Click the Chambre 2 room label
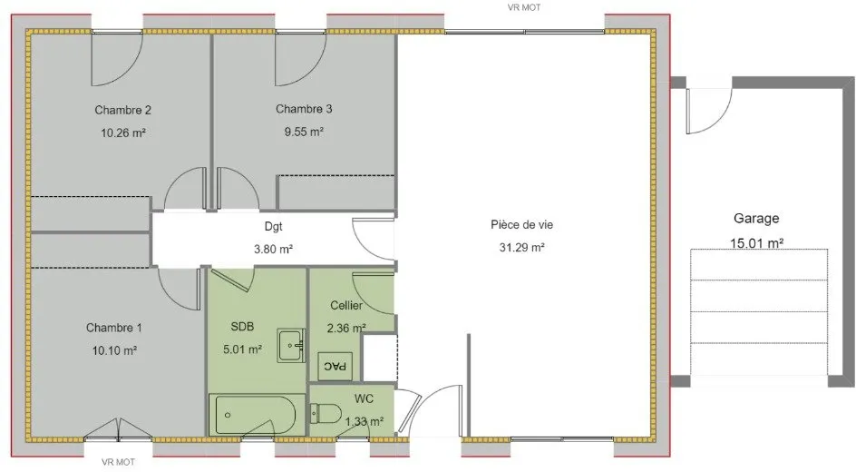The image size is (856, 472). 122,110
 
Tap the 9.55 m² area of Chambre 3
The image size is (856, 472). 304,132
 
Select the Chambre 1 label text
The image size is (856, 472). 114,328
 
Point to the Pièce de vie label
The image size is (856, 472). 522,224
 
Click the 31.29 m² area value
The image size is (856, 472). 522,248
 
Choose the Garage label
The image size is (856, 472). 756,219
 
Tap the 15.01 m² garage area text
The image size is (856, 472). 757,243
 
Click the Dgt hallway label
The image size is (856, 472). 274,226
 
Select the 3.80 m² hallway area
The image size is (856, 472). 274,250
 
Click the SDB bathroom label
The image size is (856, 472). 242,327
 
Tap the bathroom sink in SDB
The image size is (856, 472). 291,345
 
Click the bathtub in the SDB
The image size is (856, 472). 256,415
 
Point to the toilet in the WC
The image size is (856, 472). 326,414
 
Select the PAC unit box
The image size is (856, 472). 335,366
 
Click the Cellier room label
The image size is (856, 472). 346,305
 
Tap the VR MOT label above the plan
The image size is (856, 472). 524,7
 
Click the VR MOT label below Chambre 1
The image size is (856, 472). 119,462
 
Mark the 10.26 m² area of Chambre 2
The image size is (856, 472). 122,133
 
